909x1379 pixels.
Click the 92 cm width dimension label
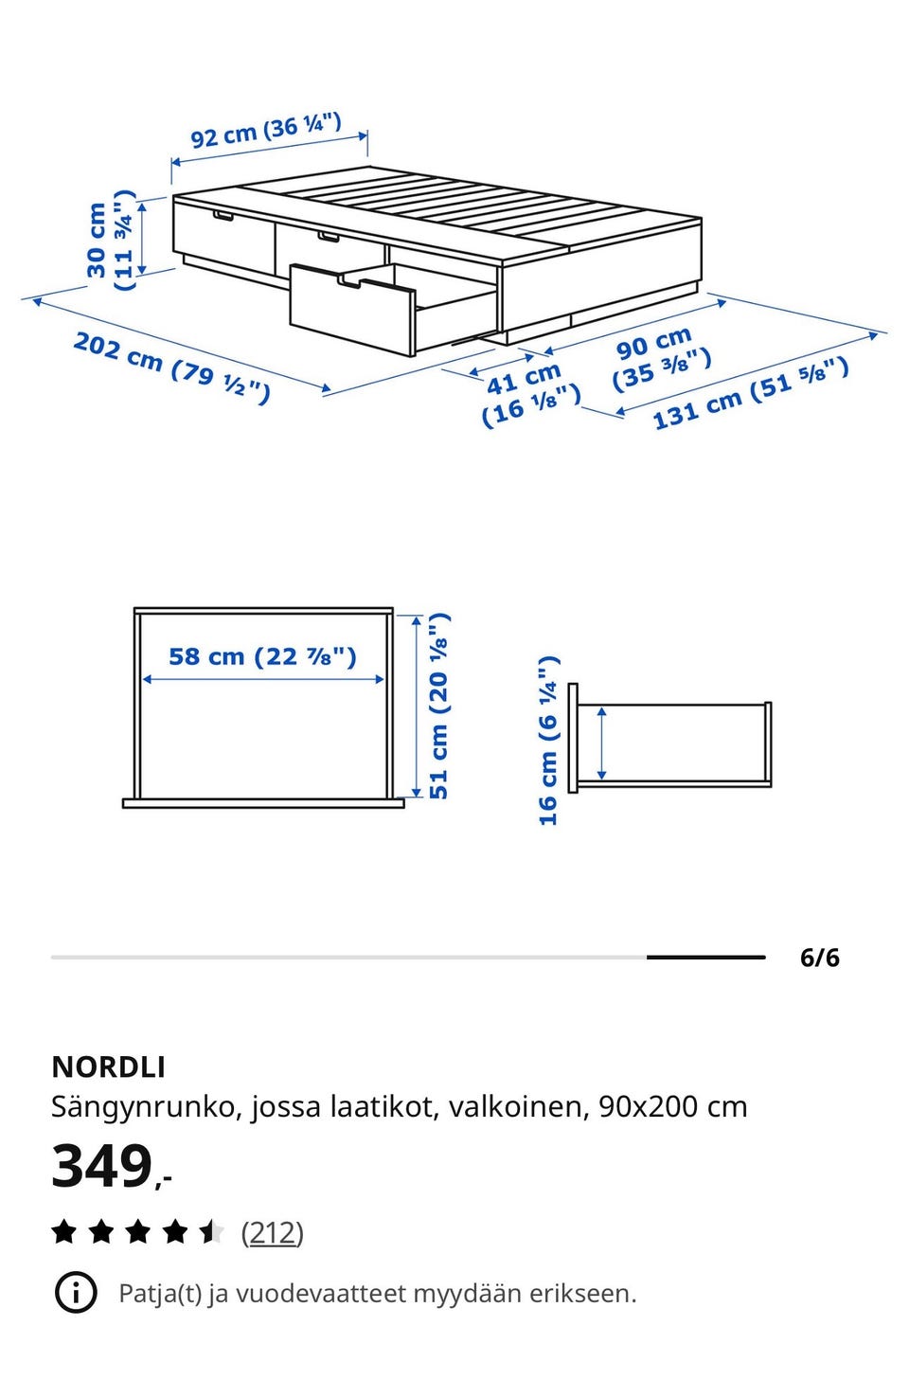pyautogui.click(x=266, y=130)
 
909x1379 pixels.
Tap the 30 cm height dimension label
pyautogui.click(x=111, y=240)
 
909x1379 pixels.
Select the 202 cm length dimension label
pyautogui.click(x=171, y=367)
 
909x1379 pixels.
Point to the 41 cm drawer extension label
pyautogui.click(x=530, y=394)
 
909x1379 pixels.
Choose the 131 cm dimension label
pyautogui.click(x=751, y=393)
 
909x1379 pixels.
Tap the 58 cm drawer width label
pyautogui.click(x=263, y=656)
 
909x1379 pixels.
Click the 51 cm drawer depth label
pyautogui.click(x=438, y=706)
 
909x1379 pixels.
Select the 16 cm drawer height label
pyautogui.click(x=548, y=741)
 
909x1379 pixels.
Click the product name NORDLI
pyautogui.click(x=108, y=1067)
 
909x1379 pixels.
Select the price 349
pyautogui.click(x=102, y=1167)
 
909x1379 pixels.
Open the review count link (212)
pyautogui.click(x=272, y=1233)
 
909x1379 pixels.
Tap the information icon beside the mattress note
pyautogui.click(x=76, y=1294)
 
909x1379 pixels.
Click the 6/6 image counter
pyautogui.click(x=819, y=958)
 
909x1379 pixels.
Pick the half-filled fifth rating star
pyautogui.click(x=212, y=1232)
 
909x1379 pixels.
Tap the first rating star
pyautogui.click(x=64, y=1232)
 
